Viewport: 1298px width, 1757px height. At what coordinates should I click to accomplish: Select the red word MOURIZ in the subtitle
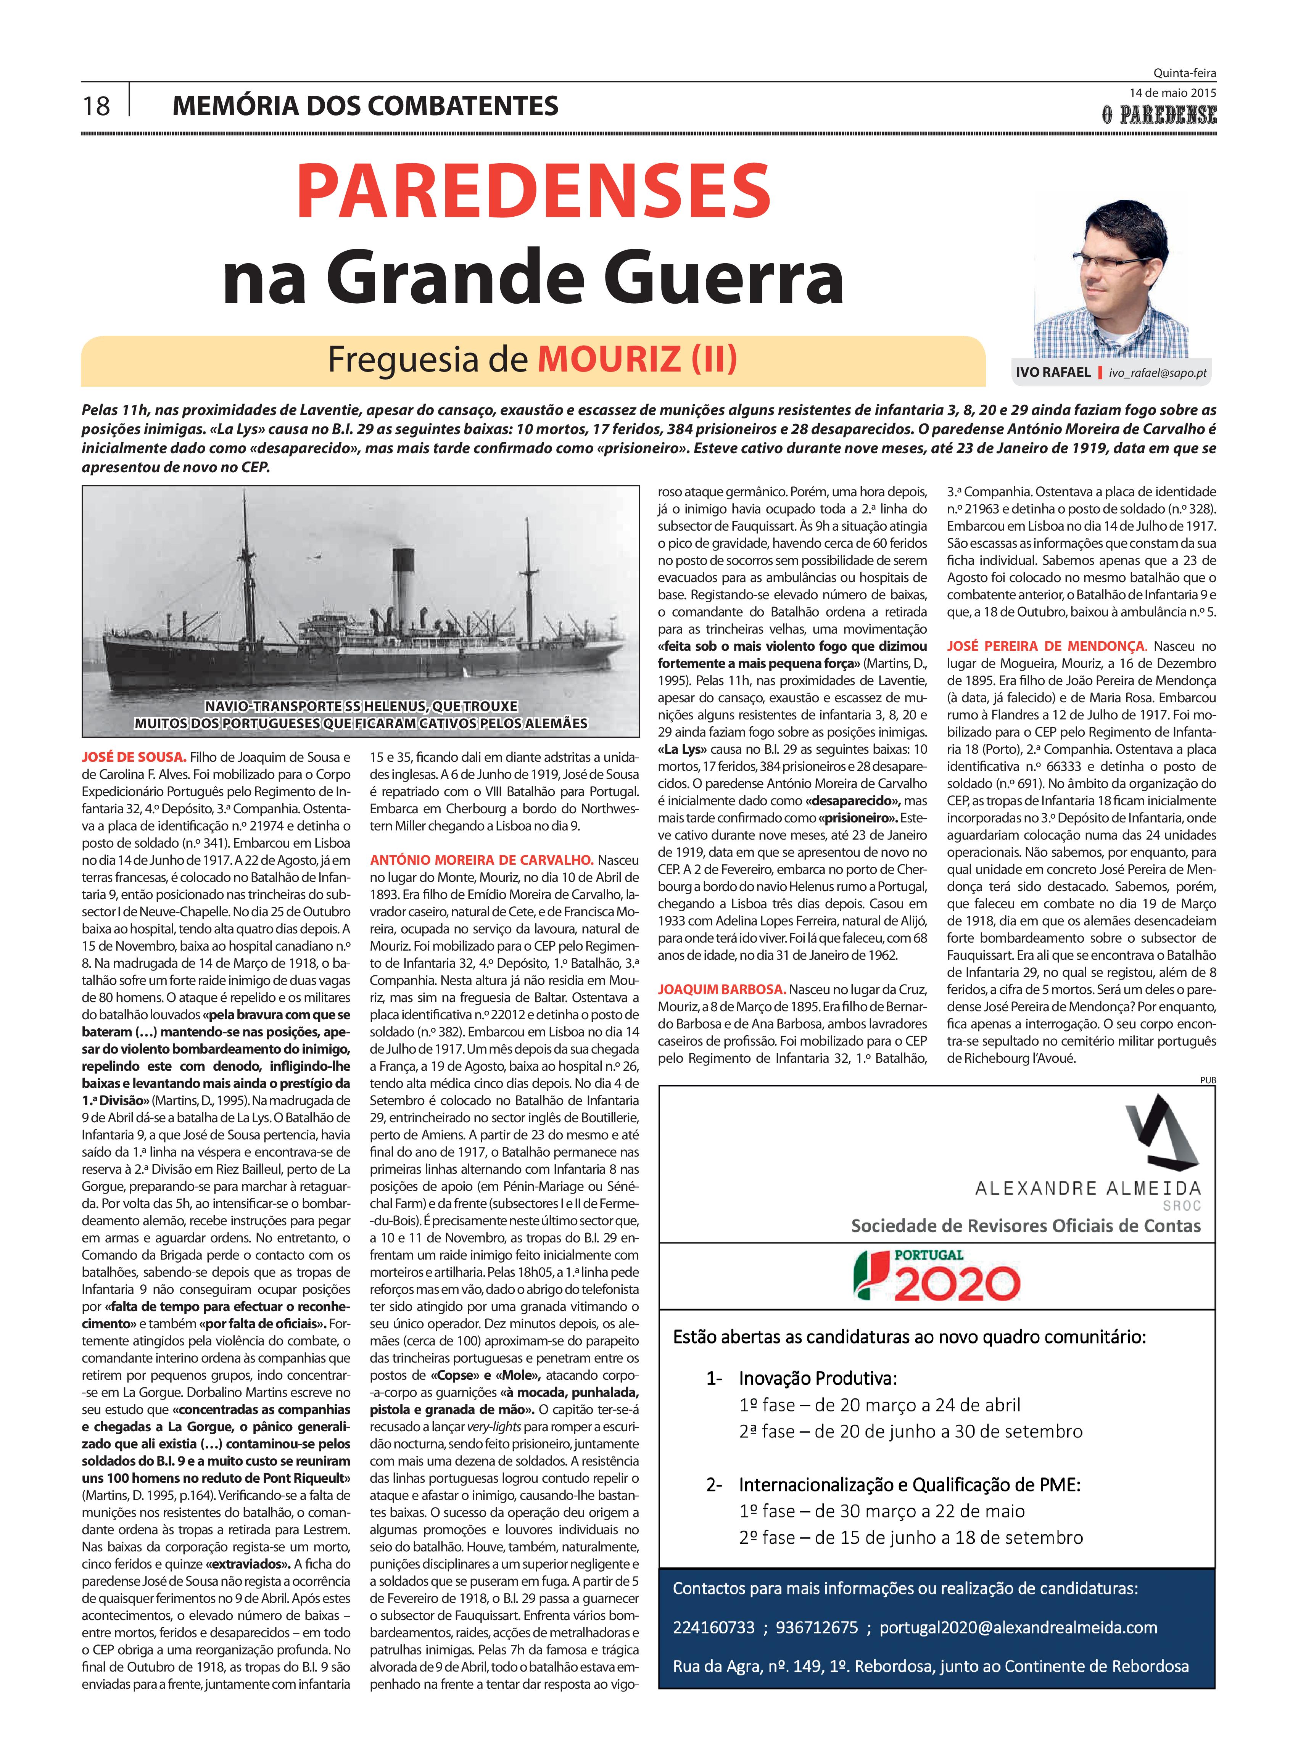609,360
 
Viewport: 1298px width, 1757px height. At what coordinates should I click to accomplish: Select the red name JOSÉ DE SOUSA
134,757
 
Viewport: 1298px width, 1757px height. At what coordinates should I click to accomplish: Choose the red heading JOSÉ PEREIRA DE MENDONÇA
1047,647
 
